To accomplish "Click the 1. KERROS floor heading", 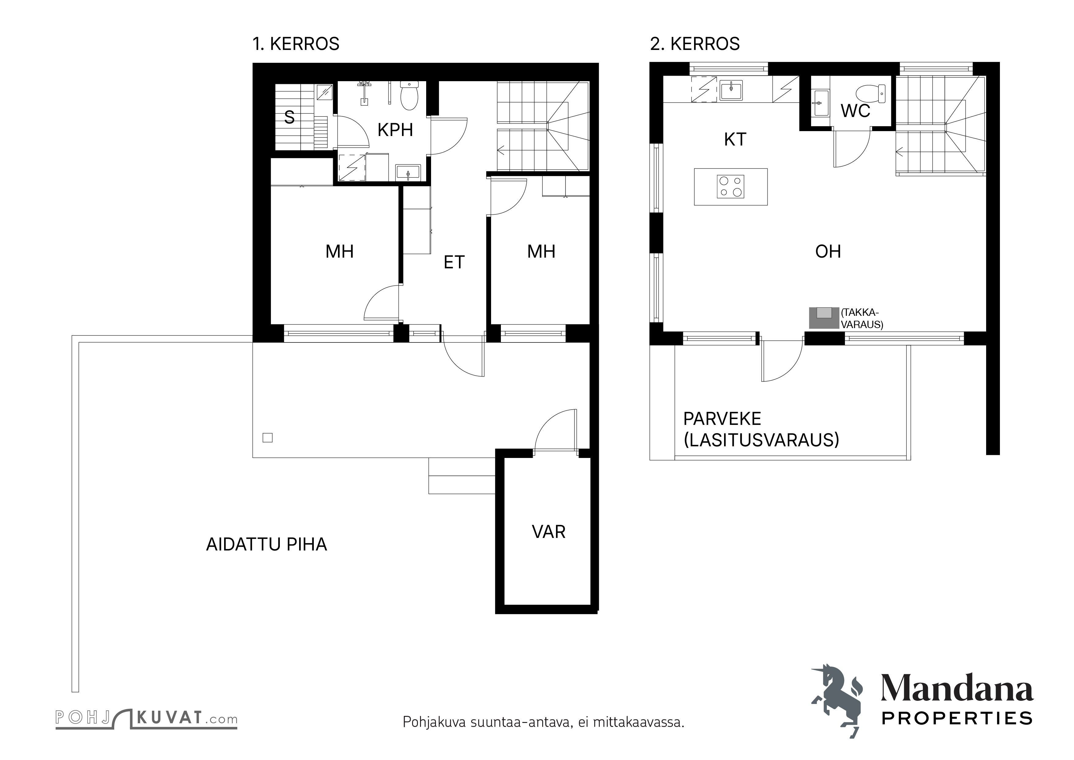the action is point(296,44).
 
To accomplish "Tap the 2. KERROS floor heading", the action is point(695,44).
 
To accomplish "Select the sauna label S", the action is point(290,117).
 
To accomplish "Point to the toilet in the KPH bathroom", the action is point(409,96).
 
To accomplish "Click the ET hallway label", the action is point(454,263).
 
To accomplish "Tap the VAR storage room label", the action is point(549,532).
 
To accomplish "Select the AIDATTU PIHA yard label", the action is point(267,545).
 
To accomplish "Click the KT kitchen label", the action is point(735,139).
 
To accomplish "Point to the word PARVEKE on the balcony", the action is point(722,418).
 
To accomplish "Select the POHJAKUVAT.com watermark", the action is point(146,718).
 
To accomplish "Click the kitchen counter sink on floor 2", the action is point(731,90).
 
